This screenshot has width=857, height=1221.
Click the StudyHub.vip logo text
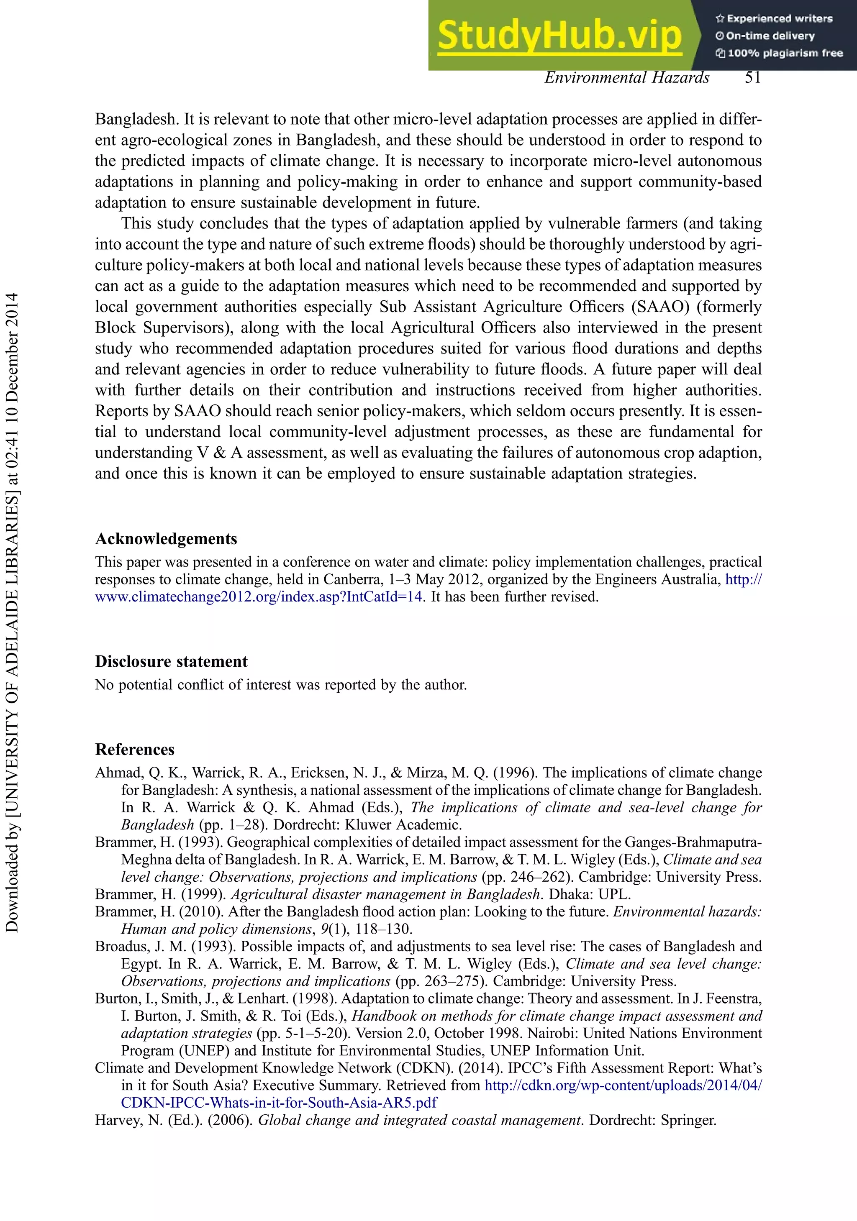559,36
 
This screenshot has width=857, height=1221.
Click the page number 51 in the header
753,78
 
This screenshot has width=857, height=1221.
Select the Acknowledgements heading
166,539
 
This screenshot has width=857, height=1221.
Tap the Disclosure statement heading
171,662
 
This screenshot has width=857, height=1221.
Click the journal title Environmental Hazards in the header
627,78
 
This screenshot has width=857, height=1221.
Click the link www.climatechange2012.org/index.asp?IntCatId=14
259,596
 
